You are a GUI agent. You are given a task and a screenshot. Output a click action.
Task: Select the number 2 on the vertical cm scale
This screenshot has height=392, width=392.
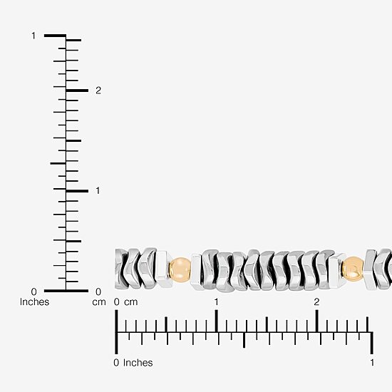coord(98,91)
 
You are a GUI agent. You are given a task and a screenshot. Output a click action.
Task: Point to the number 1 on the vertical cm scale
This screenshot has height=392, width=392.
coord(98,191)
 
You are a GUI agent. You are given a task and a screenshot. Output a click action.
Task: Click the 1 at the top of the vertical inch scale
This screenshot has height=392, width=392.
coord(33,36)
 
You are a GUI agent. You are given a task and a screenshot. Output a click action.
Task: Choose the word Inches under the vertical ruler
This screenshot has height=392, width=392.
coord(34,302)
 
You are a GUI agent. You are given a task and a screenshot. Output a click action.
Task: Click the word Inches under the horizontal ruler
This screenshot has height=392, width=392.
coord(138,363)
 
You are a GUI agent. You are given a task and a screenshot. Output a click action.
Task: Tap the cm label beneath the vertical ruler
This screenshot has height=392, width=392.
coord(99,302)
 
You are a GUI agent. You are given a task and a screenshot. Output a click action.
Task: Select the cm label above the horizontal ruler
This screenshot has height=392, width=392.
coord(131,302)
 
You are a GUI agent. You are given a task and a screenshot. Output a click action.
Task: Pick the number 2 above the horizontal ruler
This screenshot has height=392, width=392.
coord(316,302)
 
